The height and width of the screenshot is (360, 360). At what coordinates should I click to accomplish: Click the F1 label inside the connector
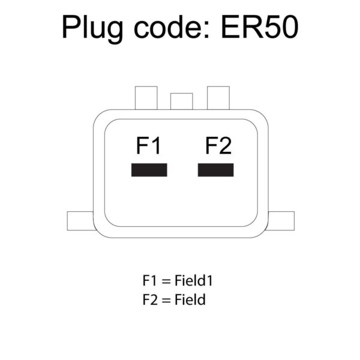tap(148, 146)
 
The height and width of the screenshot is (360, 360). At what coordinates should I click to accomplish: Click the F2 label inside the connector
tap(218, 146)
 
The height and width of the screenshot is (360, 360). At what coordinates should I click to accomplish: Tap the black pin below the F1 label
tap(149, 170)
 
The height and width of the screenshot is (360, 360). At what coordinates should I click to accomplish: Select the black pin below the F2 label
tap(216, 170)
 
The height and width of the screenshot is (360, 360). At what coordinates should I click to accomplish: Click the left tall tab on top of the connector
tap(146, 98)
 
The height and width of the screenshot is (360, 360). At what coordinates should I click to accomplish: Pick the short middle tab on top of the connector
tap(181, 101)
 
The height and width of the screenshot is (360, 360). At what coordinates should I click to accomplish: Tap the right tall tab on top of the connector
tap(218, 98)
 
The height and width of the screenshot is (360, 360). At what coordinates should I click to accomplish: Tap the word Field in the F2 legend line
tap(191, 299)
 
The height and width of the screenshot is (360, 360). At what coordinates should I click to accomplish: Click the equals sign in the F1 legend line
tap(167, 281)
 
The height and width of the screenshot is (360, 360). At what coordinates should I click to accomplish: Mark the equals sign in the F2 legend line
tap(167, 300)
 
